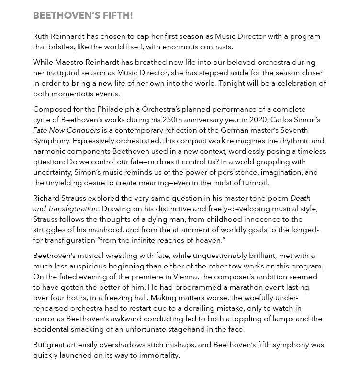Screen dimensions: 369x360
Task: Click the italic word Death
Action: coord(300,198)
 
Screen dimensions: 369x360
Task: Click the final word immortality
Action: coord(156,355)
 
